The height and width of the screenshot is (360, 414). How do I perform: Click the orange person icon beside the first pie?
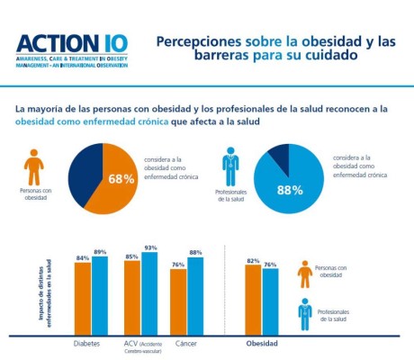pos(33,166)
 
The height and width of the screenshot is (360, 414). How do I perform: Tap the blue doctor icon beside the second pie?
pos(230,166)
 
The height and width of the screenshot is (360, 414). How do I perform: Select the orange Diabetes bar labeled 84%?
pos(83,299)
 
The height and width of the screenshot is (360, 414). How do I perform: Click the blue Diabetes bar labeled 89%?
pos(99,297)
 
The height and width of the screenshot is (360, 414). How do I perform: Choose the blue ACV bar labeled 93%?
pos(148,294)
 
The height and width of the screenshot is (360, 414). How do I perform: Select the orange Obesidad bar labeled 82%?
pos(254,300)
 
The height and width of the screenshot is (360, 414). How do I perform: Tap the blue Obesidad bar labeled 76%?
pos(270,302)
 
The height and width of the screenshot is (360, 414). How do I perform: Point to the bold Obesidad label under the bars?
pos(262,344)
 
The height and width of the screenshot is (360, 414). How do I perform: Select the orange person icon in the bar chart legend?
pos(305,274)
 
